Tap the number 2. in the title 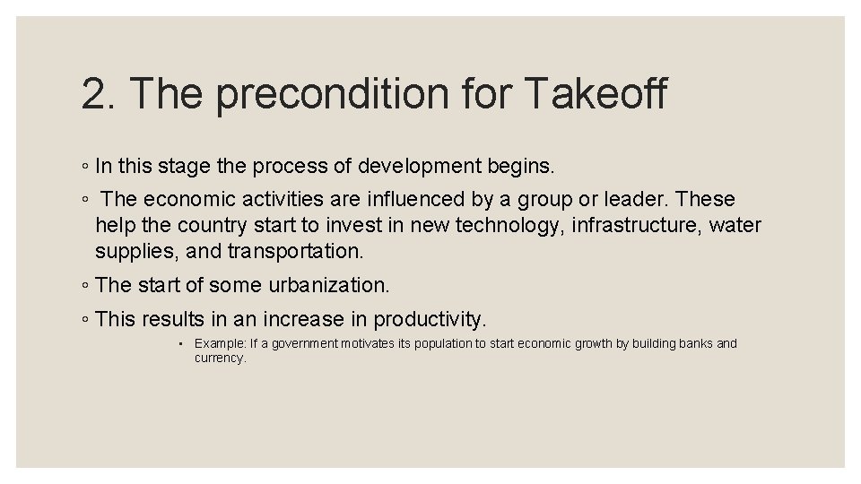tap(97, 94)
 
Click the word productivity tap(430, 319)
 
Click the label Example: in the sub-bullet tap(215, 343)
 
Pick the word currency tap(219, 358)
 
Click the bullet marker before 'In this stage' tap(83, 167)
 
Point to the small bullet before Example tap(180, 344)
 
